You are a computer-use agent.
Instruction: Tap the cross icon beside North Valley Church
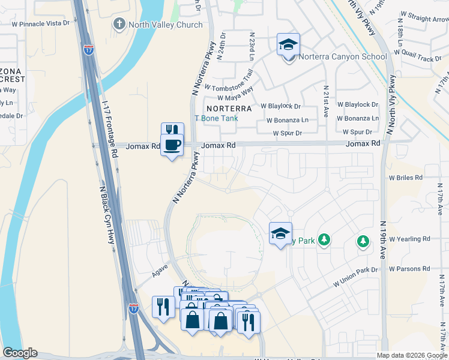tap(119, 25)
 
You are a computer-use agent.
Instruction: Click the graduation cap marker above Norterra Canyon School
tap(288, 44)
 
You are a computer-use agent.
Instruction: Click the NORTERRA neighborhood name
tap(228, 109)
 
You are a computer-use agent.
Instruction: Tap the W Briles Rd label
tap(406, 178)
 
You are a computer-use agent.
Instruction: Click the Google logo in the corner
tap(20, 353)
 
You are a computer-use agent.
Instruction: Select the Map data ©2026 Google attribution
tap(411, 355)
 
